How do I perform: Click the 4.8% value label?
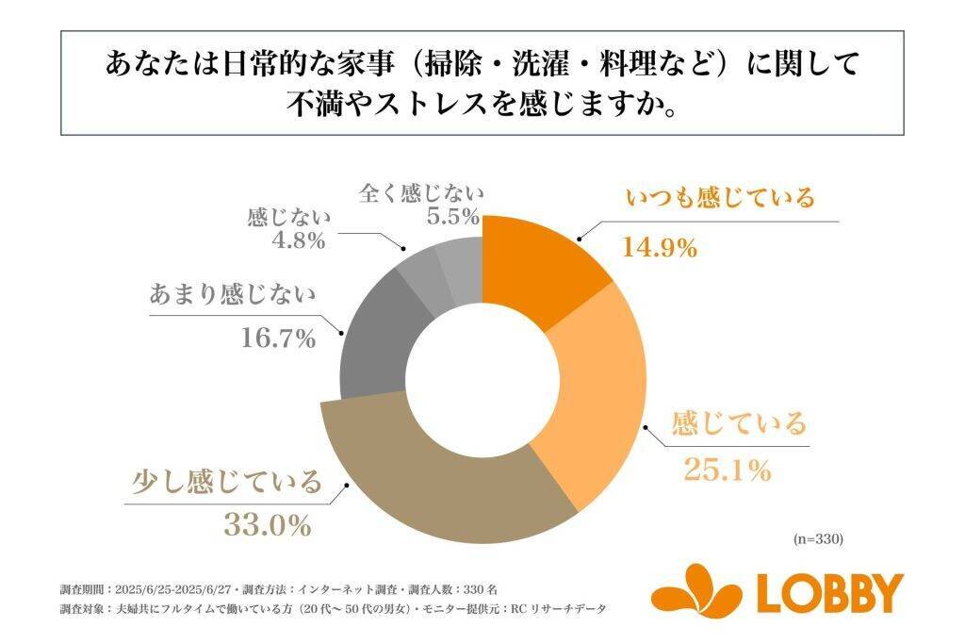[x=295, y=240]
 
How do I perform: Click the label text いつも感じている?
[x=720, y=198]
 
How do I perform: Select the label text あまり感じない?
[x=232, y=293]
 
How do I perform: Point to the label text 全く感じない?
[x=421, y=195]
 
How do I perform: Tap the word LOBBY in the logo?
[x=830, y=592]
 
